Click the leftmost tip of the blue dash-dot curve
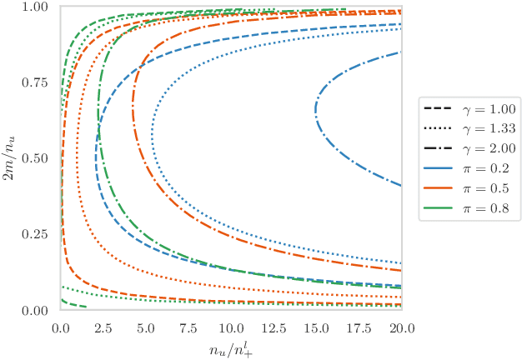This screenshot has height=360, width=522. (314, 110)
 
